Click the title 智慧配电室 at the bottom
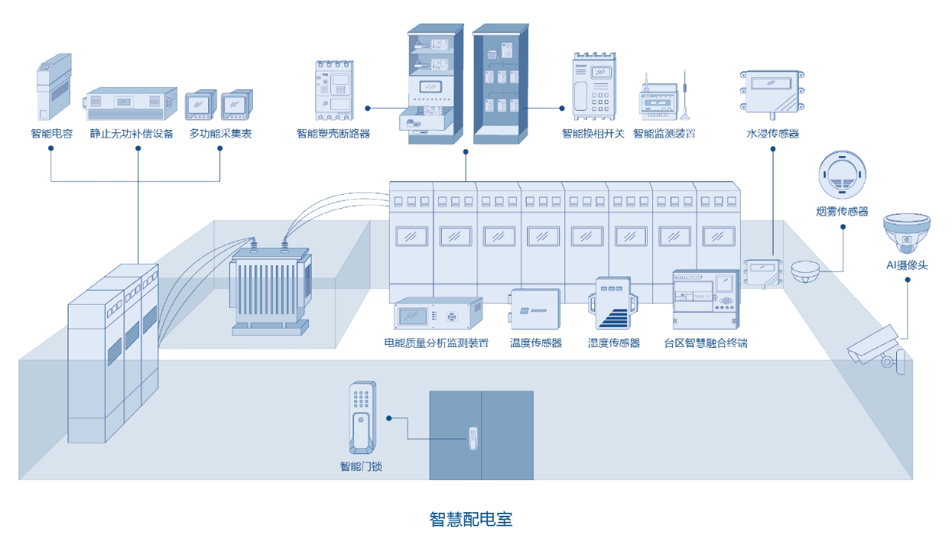click(x=471, y=519)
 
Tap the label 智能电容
click(x=51, y=134)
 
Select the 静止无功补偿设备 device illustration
click(x=132, y=103)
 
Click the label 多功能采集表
click(x=220, y=134)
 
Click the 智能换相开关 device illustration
click(x=594, y=87)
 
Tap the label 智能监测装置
click(x=664, y=134)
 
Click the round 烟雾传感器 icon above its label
click(x=843, y=175)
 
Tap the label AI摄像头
click(x=907, y=265)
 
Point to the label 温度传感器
click(x=535, y=343)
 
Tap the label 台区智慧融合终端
click(x=705, y=343)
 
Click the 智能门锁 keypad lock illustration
click(x=362, y=418)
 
